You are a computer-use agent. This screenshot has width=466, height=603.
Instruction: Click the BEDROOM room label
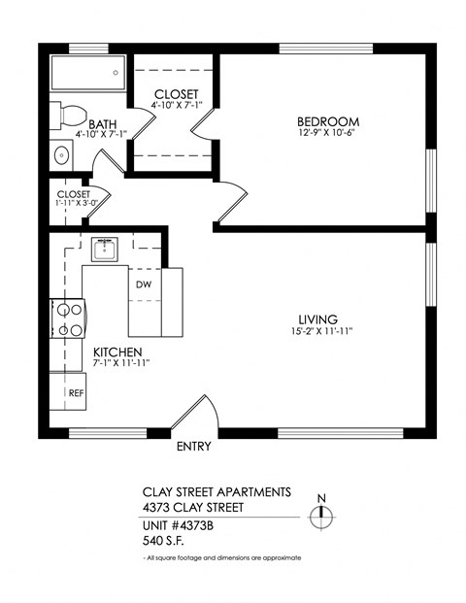coord(322,121)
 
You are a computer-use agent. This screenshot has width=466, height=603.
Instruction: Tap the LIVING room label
coord(317,319)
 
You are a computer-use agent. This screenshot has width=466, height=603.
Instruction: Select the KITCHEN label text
coord(118,352)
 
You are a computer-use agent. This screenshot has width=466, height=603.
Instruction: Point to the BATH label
coord(102,124)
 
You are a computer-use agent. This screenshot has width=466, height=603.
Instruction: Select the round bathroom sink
coord(61,153)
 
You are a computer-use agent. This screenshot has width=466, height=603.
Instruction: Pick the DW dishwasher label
coord(143,285)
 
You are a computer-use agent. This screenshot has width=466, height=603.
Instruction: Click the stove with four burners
coord(67,319)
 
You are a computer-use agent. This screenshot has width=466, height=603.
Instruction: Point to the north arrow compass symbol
coord(321,516)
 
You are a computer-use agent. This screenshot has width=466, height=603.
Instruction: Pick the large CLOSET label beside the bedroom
coord(175,93)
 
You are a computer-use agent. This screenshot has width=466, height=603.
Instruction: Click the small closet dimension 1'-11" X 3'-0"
coord(73,205)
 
